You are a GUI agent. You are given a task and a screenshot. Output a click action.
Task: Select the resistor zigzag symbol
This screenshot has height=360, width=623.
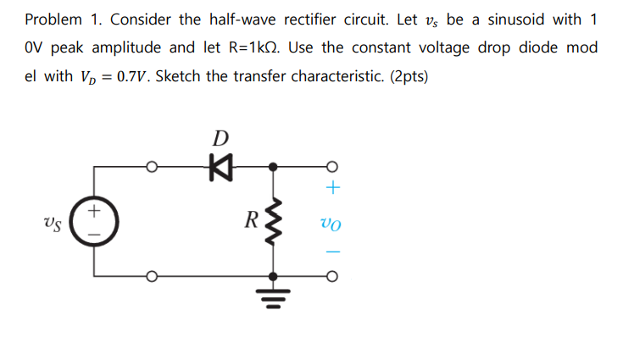pyautogui.click(x=272, y=224)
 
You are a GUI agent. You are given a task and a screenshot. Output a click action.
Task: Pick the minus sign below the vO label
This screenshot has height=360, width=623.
pyautogui.click(x=332, y=252)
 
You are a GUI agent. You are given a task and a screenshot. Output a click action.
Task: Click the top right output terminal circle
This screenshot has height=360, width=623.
pyautogui.click(x=332, y=167)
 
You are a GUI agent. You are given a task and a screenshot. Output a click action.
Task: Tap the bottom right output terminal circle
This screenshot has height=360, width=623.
pyautogui.click(x=332, y=276)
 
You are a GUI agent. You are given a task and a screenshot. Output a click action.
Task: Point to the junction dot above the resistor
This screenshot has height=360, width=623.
pyautogui.click(x=272, y=167)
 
